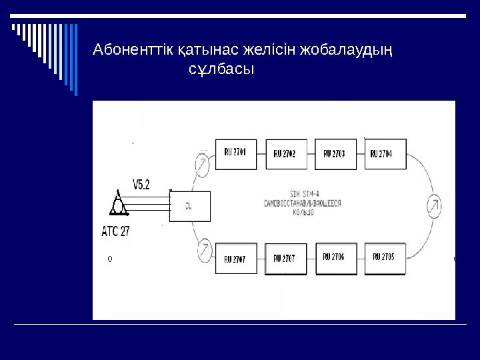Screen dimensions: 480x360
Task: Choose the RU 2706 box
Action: tap(335, 258)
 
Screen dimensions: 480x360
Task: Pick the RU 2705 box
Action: tap(385, 258)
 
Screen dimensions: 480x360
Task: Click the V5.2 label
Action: tap(141, 185)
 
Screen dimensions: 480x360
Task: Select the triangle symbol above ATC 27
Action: tap(119, 203)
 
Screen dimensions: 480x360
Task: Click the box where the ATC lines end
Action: tap(190, 206)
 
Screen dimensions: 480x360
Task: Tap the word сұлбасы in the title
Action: tap(222, 69)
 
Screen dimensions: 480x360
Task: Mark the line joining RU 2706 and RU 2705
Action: tap(360, 258)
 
